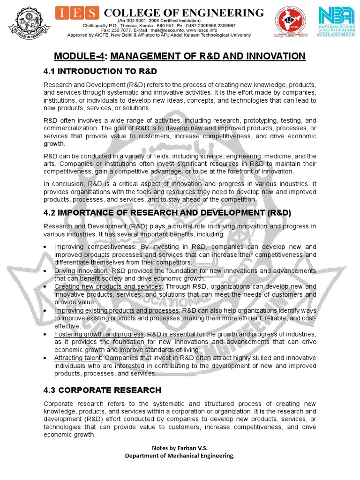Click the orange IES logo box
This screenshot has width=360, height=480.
coord(77,13)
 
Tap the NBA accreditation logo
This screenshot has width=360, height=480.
coord(337,22)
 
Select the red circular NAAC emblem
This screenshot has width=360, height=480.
coord(289,22)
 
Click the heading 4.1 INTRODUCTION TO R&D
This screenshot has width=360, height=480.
coord(100,71)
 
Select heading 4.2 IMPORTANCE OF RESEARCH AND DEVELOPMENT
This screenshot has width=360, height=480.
coord(167,213)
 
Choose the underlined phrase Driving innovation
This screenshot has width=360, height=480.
coord(81,271)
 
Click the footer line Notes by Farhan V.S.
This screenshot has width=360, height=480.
coord(180,448)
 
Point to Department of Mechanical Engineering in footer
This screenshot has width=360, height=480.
coord(180,456)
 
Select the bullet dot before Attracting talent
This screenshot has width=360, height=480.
coord(45,358)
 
